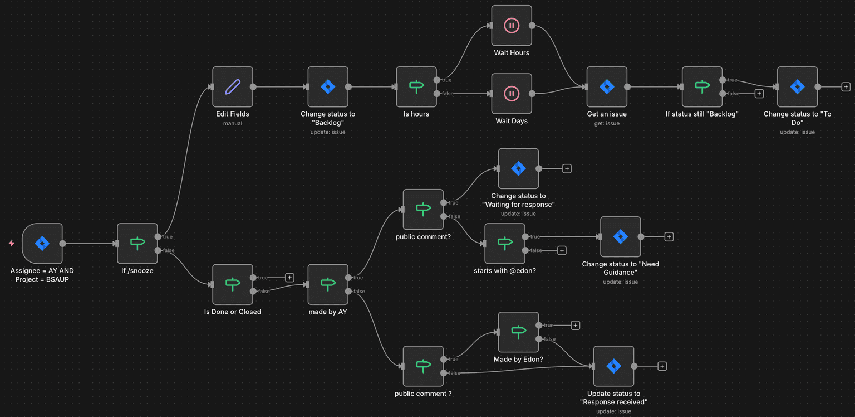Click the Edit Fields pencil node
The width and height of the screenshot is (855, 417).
[233, 87]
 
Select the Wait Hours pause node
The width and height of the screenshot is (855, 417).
[512, 26]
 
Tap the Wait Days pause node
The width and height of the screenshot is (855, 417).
[512, 94]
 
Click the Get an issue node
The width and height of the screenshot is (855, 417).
[607, 87]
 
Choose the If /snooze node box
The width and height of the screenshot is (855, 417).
[137, 244]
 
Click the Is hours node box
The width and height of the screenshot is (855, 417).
[416, 87]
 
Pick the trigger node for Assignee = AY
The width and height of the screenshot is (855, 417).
[42, 244]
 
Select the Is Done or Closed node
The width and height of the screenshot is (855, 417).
[233, 284]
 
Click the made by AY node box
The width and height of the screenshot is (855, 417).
[328, 284]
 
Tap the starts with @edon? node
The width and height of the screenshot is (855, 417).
[505, 244]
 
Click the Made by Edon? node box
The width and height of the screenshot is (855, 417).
[518, 332]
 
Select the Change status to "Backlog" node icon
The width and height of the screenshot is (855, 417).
[328, 87]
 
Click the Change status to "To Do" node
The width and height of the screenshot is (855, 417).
[797, 87]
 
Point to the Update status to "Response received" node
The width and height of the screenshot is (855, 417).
[613, 366]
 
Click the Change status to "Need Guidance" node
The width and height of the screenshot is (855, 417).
[620, 237]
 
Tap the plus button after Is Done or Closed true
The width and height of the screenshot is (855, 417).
[289, 278]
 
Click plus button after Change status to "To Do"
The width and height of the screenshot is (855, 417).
[846, 87]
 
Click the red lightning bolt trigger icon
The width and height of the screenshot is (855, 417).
[11, 244]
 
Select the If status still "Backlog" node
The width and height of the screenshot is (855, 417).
[702, 87]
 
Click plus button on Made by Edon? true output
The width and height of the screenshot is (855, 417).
[576, 326]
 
